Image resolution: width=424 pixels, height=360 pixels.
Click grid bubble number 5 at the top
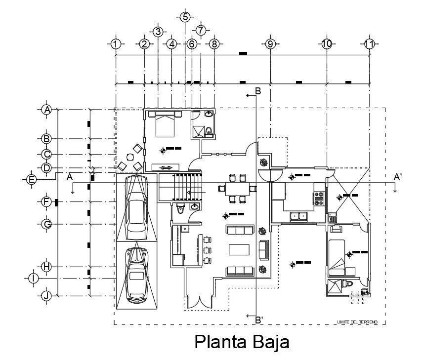click(185, 17)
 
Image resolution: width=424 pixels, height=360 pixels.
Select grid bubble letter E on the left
click(32, 179)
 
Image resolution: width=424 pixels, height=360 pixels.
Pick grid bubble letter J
click(46, 296)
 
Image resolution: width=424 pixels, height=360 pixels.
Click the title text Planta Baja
click(242, 342)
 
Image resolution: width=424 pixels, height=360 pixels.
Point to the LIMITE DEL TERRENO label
click(357, 322)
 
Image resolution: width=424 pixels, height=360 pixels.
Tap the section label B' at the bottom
click(258, 320)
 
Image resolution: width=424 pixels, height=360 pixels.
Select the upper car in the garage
click(137, 207)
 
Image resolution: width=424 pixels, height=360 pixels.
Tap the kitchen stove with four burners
click(319, 198)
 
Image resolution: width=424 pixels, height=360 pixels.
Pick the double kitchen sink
click(298, 215)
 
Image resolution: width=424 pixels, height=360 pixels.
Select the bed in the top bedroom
click(165, 124)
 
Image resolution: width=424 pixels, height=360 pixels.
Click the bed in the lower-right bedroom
click(337, 257)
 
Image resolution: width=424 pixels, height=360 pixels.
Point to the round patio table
click(130, 157)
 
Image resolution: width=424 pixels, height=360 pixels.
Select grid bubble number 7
click(201, 30)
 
